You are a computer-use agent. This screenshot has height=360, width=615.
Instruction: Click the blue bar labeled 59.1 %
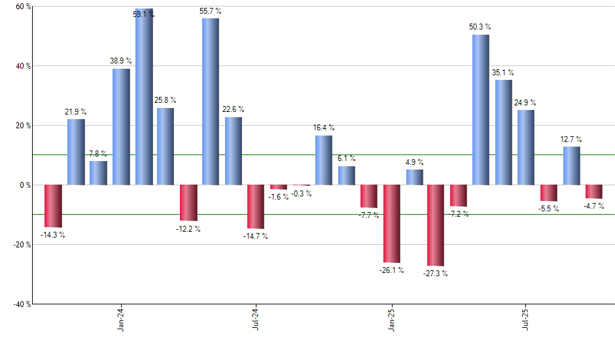(x=144, y=98)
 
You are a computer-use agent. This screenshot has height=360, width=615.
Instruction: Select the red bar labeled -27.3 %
(x=435, y=225)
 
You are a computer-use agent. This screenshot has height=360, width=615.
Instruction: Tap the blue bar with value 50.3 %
(x=480, y=110)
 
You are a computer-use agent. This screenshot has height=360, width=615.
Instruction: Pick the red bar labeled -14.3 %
(x=53, y=206)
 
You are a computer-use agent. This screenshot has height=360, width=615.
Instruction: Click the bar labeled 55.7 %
(x=211, y=102)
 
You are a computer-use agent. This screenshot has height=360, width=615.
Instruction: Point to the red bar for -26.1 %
(x=392, y=223)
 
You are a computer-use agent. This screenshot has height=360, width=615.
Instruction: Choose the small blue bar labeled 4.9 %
(x=414, y=177)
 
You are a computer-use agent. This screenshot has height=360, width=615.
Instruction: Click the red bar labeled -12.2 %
(x=188, y=202)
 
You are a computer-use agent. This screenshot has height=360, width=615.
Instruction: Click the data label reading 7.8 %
(x=99, y=154)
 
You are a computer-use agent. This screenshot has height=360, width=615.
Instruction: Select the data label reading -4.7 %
(x=594, y=206)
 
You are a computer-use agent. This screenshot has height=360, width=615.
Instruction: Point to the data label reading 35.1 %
(x=503, y=73)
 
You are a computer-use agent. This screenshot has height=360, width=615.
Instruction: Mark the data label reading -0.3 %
(x=302, y=193)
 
